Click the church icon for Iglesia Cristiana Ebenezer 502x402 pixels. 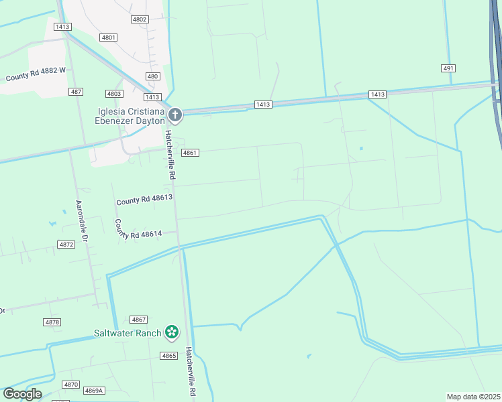pos(174,115)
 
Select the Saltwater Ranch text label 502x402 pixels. pos(128,333)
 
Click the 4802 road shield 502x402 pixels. pos(140,19)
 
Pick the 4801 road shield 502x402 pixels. pos(108,38)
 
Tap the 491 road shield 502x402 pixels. pos(449,68)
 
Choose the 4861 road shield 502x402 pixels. pos(190,153)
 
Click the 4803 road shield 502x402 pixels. pos(114,94)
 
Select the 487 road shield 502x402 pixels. pos(76,91)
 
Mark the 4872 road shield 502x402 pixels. pos(66,245)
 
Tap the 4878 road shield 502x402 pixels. pos(52,322)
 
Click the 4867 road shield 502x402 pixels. pos(139,320)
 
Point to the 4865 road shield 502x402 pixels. pos(168,355)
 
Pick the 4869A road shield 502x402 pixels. pos(94,391)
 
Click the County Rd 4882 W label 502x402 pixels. pos(36,74)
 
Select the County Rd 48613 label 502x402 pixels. pos(144,199)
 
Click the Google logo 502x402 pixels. pos(22,394)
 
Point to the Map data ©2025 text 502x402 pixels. pos(474,397)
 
